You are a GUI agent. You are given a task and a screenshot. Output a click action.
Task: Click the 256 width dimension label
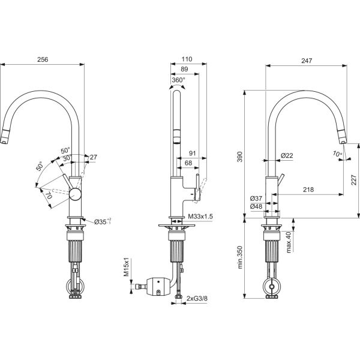tap(43, 59)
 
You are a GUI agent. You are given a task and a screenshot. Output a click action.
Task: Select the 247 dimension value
tap(307, 61)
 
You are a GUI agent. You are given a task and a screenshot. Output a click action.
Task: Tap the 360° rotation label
tap(178, 80)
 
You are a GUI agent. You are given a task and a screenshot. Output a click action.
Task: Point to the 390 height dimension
tap(239, 157)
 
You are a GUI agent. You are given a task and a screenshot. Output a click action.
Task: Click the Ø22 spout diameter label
tap(287, 155)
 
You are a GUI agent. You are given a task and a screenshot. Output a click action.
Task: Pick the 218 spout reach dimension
tap(308, 190)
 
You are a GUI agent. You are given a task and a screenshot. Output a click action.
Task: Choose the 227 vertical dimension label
tap(354, 180)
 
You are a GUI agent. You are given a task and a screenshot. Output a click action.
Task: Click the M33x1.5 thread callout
tap(200, 216)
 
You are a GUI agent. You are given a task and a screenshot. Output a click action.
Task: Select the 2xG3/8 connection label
tap(197, 298)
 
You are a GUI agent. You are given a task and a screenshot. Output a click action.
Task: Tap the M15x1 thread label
tap(127, 267)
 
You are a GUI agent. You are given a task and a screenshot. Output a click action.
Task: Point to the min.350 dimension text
tap(240, 257)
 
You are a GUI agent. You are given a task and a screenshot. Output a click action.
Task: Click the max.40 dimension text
tap(289, 242)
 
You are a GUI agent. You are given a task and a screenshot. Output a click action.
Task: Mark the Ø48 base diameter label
tap(256, 206)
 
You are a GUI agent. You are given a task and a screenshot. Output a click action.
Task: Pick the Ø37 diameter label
tap(256, 199)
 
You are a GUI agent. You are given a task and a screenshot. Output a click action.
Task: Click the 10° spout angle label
tap(337, 154)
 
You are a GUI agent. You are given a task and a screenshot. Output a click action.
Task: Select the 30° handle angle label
tap(67, 158)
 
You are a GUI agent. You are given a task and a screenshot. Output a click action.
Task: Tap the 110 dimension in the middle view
tap(187, 59)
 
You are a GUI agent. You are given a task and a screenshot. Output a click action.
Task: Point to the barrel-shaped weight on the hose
tap(158, 286)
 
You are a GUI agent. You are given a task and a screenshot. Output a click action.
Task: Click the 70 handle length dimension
tap(49, 196)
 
